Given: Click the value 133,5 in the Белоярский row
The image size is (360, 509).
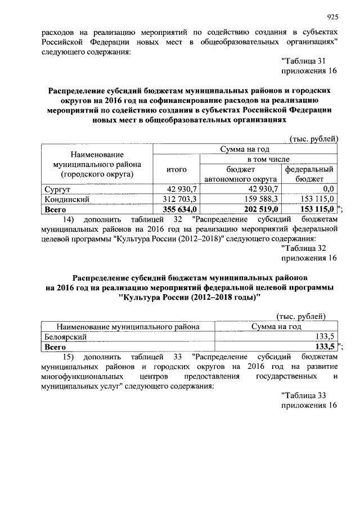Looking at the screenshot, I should [326, 336].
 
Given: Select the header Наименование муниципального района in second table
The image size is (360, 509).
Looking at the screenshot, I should [127, 326].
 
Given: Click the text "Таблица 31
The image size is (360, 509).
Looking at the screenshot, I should [303, 61].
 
